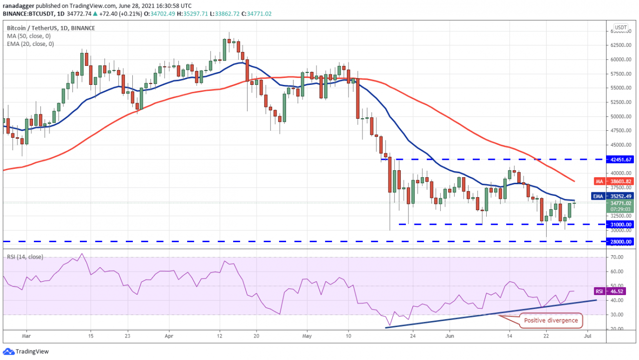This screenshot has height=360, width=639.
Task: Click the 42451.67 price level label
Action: [621, 159]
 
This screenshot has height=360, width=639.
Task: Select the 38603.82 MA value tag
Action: [621, 181]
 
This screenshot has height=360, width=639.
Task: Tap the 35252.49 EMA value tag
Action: [621, 196]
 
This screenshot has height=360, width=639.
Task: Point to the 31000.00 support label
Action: [621, 225]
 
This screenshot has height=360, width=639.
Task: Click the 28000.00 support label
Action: [621, 241]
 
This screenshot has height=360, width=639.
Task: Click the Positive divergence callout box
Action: [551, 321]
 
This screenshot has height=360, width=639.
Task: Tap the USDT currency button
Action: [621, 27]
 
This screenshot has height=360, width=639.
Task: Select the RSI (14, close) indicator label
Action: [25, 257]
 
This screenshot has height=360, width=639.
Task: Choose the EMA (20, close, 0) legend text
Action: [30, 44]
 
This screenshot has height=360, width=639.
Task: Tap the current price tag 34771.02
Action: [621, 203]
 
